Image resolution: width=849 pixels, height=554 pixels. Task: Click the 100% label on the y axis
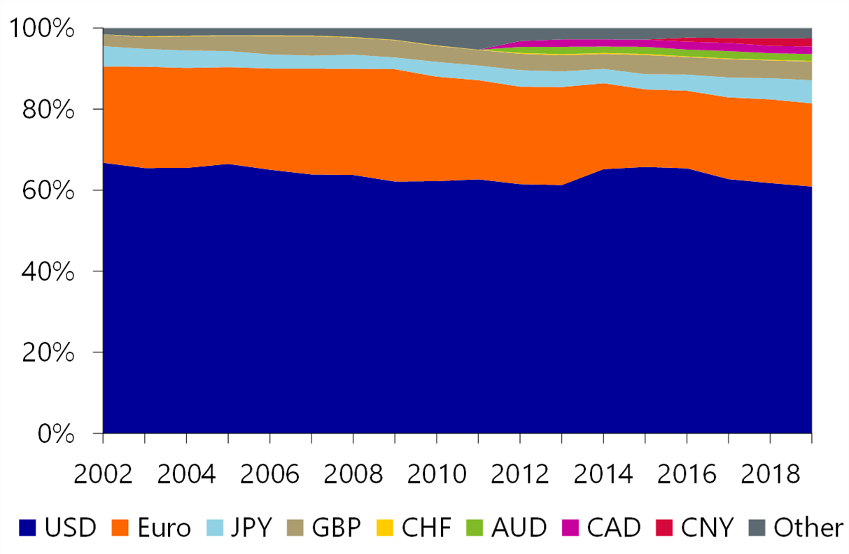click(x=41, y=28)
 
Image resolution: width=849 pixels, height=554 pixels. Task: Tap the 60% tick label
click(x=48, y=190)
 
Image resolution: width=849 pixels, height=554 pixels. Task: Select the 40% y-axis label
click(x=48, y=271)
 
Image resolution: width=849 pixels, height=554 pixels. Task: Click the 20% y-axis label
click(x=48, y=353)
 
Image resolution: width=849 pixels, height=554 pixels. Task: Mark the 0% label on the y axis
click(x=56, y=434)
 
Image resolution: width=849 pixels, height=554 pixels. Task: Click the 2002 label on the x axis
click(x=103, y=474)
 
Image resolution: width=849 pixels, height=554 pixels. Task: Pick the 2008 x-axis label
click(x=353, y=474)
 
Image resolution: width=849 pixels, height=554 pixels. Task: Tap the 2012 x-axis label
click(x=520, y=474)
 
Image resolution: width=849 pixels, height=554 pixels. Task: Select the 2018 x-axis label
click(x=770, y=474)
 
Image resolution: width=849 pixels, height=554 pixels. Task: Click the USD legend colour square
click(x=27, y=527)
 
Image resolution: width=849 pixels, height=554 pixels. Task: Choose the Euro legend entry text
click(x=164, y=527)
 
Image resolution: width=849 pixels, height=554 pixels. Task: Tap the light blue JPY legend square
click(x=215, y=527)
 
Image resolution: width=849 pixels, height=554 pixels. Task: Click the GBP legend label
click(x=337, y=527)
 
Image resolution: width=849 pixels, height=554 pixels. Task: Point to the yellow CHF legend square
click(x=385, y=527)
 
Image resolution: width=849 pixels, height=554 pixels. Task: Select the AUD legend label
click(x=519, y=527)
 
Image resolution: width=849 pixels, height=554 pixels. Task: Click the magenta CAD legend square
click(x=570, y=527)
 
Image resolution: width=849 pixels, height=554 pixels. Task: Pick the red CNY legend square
click(x=664, y=527)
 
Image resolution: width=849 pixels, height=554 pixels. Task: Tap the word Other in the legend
click(x=808, y=527)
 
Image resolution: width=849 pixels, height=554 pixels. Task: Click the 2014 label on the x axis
click(x=603, y=474)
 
